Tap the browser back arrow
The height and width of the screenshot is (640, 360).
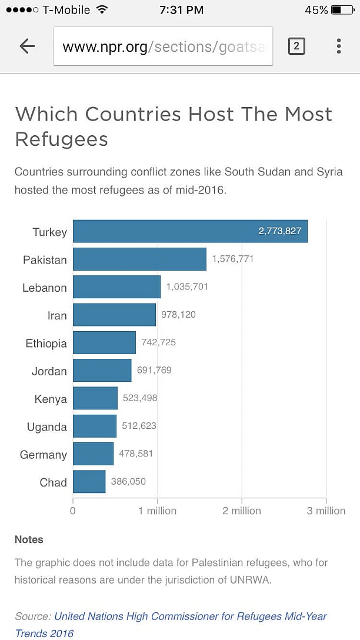coord(27,46)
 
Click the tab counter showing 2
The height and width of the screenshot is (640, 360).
coord(296,46)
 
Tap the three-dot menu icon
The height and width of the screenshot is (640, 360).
coord(339,46)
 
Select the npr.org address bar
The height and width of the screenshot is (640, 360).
coord(163,46)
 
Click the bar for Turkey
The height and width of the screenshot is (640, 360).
coord(190,231)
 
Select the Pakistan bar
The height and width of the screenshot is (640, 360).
coord(139,259)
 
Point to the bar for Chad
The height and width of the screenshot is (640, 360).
coord(89,482)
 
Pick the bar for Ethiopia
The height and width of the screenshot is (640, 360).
coord(104,342)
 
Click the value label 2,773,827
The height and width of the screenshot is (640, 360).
coord(279,231)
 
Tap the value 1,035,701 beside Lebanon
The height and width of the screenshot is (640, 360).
coord(187,286)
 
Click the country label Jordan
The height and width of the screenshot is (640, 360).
coord(49,371)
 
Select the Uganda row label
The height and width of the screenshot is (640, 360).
coord(47,427)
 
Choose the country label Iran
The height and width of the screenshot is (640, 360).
coord(57,316)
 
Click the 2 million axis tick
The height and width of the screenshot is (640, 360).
coord(242,511)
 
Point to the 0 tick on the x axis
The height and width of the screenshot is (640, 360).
coord(73,511)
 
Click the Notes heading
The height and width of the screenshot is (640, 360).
coord(29,539)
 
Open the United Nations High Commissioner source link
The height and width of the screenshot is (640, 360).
coord(190,616)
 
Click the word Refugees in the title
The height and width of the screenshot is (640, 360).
coord(62,139)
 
